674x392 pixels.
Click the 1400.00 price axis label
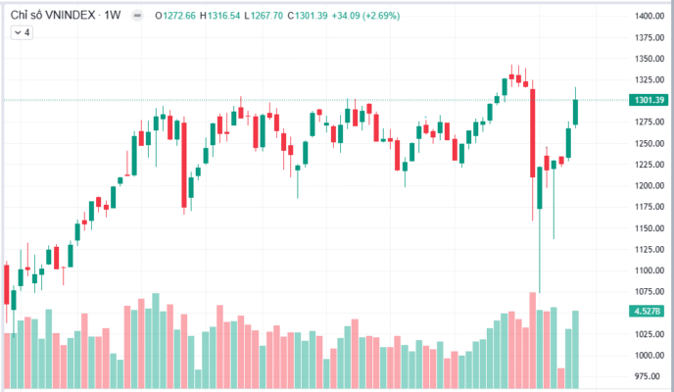[650, 17]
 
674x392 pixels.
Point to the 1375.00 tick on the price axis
[650, 38]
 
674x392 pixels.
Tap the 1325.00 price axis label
[650, 80]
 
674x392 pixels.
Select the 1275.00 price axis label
[650, 122]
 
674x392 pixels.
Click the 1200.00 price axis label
[650, 185]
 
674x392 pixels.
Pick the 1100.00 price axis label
[650, 270]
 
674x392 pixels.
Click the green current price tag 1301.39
[650, 100]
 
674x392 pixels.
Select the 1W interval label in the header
[113, 16]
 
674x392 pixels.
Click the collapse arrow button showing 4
[22, 32]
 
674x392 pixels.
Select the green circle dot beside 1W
[133, 16]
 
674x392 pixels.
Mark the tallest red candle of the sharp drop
[533, 133]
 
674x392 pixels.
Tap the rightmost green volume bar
[575, 348]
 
